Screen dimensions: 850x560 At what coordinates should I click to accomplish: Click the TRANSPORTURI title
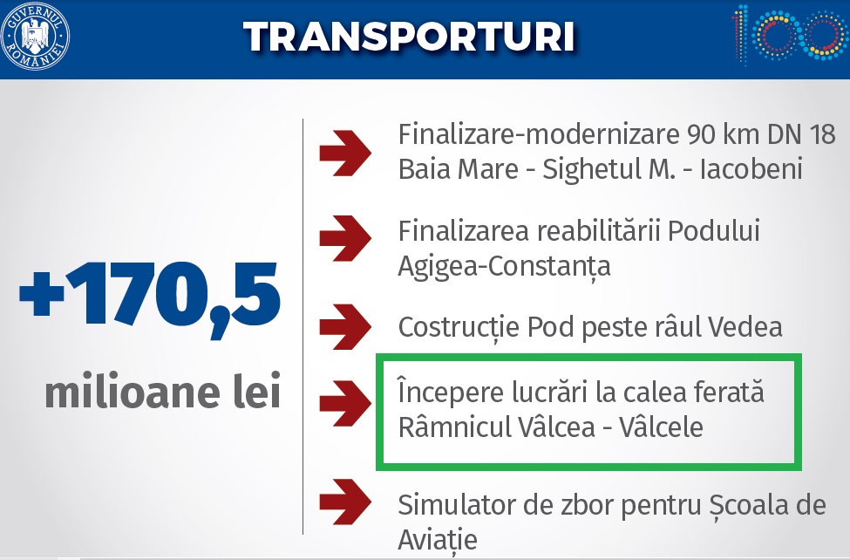[409, 37]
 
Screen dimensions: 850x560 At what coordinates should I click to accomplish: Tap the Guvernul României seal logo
[35, 37]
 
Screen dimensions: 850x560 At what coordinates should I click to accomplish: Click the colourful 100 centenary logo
[790, 34]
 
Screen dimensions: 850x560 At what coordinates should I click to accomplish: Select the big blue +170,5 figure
[150, 297]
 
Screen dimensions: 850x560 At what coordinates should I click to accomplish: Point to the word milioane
[133, 391]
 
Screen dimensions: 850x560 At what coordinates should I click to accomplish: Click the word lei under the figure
[257, 390]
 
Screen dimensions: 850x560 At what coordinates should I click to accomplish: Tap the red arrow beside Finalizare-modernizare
[345, 153]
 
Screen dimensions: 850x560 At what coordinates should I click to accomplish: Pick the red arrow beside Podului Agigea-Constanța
[345, 238]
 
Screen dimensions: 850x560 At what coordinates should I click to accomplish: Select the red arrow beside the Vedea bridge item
[345, 326]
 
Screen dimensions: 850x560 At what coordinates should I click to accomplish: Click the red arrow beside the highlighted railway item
[345, 403]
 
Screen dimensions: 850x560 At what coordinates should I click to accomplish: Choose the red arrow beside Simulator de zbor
[345, 502]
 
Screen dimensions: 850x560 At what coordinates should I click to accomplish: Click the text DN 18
[801, 134]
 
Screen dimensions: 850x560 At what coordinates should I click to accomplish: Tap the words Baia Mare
[458, 168]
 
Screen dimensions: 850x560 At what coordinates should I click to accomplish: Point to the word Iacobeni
[751, 168]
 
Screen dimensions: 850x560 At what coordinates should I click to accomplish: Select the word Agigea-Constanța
[504, 266]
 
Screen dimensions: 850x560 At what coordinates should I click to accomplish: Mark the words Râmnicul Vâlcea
[497, 427]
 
